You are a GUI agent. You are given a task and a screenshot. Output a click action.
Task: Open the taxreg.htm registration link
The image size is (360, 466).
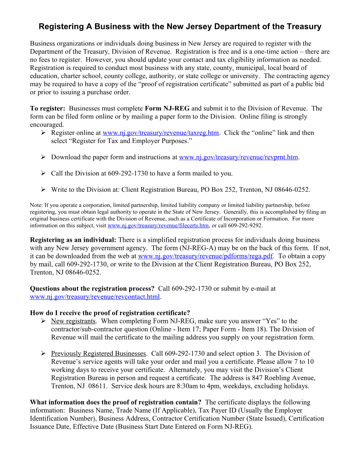[x=161, y=133]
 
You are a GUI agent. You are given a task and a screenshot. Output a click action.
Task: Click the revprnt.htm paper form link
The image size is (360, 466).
[x=239, y=157]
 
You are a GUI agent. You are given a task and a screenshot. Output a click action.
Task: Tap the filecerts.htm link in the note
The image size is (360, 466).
[x=158, y=226]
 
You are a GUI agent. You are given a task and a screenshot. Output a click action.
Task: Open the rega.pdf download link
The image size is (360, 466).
[x=205, y=256]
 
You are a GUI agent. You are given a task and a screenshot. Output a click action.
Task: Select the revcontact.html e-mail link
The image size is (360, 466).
[x=95, y=297]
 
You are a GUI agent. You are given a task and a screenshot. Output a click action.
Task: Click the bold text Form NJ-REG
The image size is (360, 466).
[x=167, y=108]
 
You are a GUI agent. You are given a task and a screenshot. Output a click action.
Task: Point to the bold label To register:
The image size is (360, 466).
[x=47, y=108]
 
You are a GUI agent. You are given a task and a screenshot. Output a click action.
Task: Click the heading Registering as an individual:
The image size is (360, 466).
[x=73, y=240]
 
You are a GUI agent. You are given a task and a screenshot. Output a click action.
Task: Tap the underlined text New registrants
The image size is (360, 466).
[x=73, y=321]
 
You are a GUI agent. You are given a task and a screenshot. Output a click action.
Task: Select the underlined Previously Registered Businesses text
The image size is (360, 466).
[x=98, y=353]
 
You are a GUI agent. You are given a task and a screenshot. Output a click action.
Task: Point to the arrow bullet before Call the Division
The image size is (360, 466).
[x=43, y=173]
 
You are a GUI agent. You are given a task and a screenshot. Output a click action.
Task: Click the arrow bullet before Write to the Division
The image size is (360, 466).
[x=43, y=189]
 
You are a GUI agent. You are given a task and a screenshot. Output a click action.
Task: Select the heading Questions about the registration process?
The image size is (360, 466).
[x=92, y=288]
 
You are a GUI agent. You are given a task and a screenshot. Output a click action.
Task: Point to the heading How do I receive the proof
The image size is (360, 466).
[x=110, y=313]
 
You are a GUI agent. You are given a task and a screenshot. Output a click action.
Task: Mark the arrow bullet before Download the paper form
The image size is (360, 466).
[x=43, y=157]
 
